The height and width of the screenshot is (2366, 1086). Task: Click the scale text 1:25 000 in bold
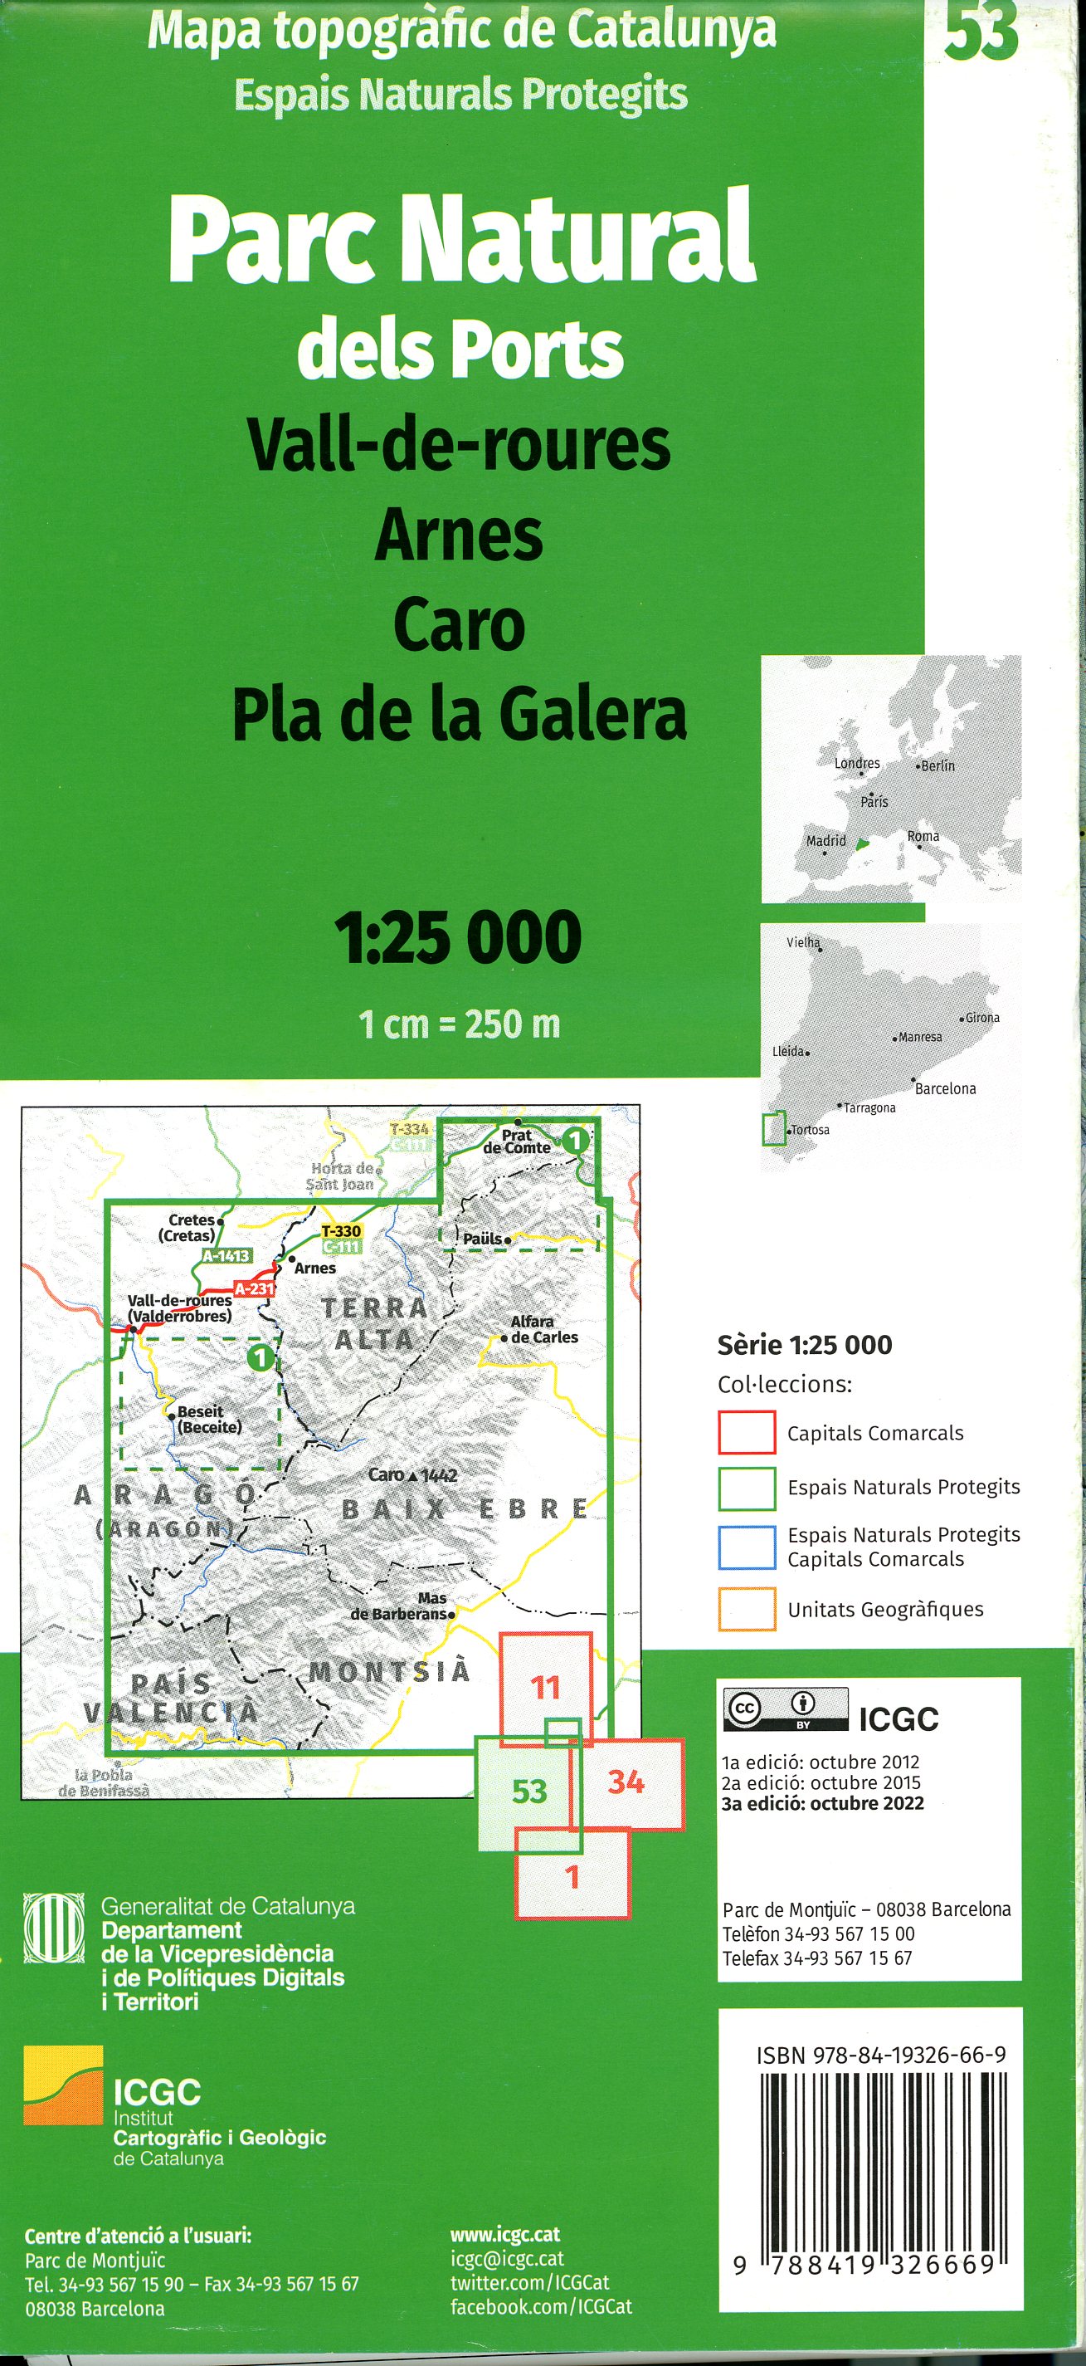click(x=458, y=938)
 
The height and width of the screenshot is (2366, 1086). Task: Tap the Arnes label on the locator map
click(x=315, y=1268)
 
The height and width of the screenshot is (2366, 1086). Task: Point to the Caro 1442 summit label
click(x=412, y=1475)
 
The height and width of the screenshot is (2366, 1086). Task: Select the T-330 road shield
click(x=341, y=1231)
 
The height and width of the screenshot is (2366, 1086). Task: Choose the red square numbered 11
click(x=545, y=1686)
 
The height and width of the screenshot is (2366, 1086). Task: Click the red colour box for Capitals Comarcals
click(x=747, y=1433)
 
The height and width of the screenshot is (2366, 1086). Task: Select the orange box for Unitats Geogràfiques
click(x=747, y=1609)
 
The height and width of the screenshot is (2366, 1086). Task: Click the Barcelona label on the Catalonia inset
click(x=945, y=1088)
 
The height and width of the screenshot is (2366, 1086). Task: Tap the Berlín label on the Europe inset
click(x=937, y=766)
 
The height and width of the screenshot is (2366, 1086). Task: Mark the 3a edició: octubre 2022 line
click(x=822, y=1803)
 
